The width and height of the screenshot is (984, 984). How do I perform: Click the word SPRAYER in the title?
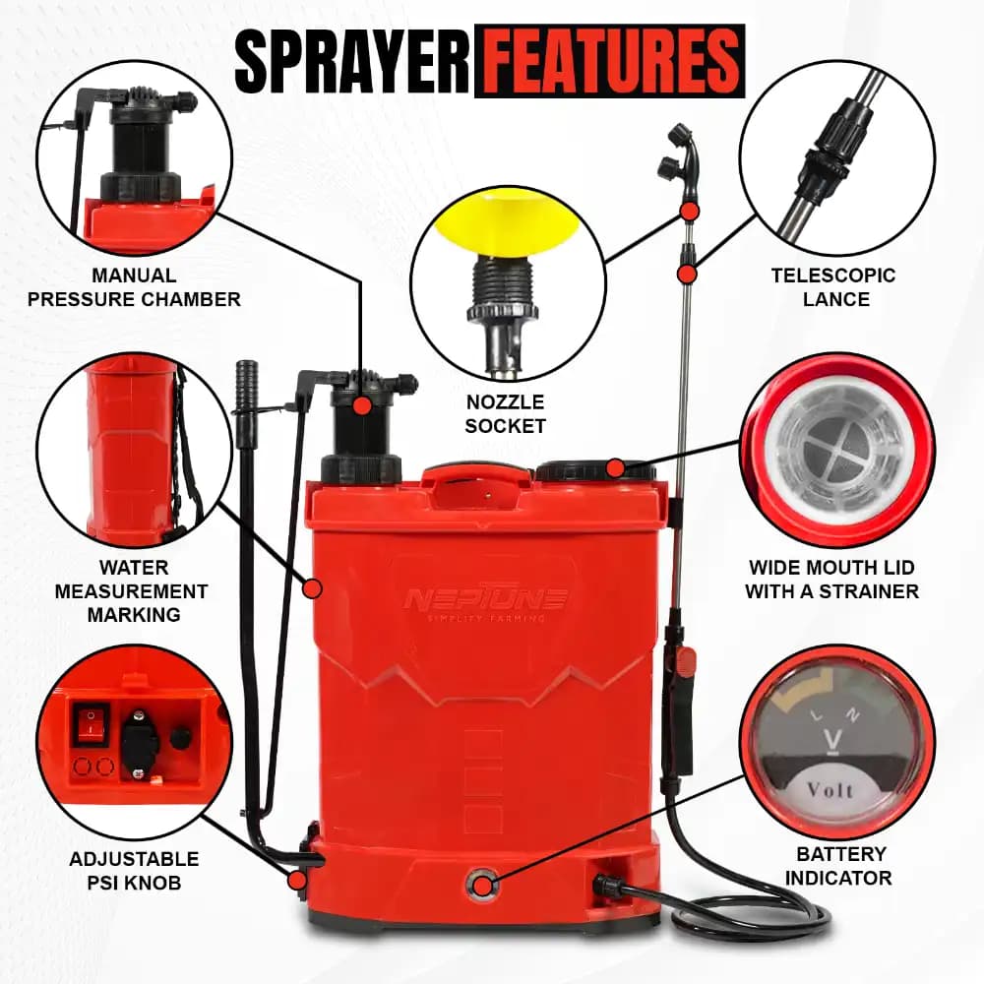[x=352, y=62]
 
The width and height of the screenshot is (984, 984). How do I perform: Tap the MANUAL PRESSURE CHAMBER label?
[x=134, y=287]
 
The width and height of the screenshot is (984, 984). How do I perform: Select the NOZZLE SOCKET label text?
[x=505, y=414]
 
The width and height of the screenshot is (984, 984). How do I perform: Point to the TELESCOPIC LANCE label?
[x=833, y=287]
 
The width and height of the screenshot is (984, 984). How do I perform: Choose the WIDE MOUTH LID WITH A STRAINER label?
[x=831, y=580]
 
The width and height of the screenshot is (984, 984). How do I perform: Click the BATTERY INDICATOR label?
[x=841, y=866]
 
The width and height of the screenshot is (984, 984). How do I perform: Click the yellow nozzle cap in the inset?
[x=505, y=223]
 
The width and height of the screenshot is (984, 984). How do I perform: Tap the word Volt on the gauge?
[x=830, y=789]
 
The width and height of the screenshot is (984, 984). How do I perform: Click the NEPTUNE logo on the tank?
[x=484, y=596]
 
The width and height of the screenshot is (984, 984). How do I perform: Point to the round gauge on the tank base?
[x=483, y=885]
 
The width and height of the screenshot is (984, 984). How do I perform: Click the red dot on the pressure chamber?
[x=363, y=404]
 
